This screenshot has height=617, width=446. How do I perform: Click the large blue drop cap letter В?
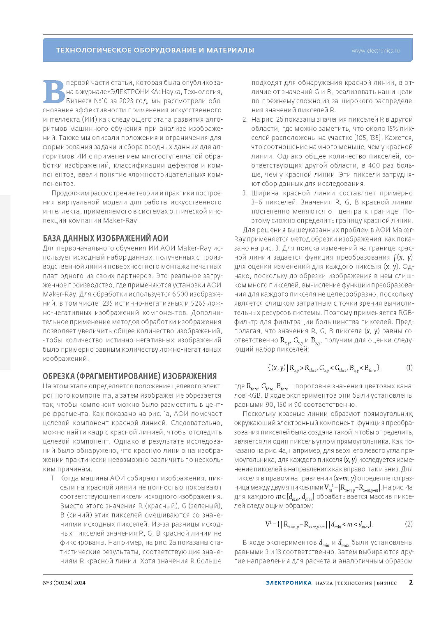[x=54, y=92]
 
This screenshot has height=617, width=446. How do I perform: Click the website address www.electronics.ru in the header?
[x=375, y=51]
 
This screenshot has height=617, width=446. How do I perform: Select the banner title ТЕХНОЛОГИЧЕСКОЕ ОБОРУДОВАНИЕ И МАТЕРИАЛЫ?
[x=155, y=50]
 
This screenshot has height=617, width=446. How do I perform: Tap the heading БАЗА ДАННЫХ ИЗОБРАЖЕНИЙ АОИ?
[x=106, y=238]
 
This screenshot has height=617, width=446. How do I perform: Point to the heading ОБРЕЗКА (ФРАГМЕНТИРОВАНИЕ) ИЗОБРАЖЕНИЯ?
[x=129, y=376]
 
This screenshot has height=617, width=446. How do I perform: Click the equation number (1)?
[x=409, y=368]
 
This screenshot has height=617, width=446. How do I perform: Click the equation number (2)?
[x=409, y=524]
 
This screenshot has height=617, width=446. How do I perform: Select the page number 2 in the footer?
[x=410, y=582]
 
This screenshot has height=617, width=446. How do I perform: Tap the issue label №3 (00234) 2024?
[x=64, y=582]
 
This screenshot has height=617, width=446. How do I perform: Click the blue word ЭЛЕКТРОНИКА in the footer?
[x=289, y=582]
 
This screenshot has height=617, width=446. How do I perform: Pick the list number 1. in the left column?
[x=53, y=478]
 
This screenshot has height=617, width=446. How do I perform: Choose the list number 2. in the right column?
[x=245, y=119]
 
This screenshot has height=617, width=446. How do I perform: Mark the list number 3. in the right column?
[x=245, y=193]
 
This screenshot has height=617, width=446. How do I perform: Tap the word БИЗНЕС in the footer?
[x=386, y=583]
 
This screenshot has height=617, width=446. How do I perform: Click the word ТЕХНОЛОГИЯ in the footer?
[x=354, y=583]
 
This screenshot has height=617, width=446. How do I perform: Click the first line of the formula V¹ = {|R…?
[x=319, y=524]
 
